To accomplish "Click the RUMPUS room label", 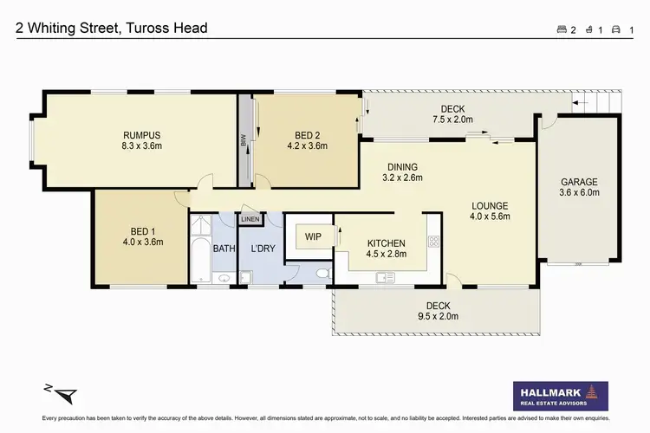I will pyautogui.click(x=142, y=134).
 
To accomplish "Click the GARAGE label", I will pyautogui.click(x=579, y=182).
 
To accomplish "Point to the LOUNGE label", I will pyautogui.click(x=490, y=206).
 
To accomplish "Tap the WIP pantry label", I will pyautogui.click(x=312, y=236).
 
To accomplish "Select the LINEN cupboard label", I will pyautogui.click(x=251, y=220).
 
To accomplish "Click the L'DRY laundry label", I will pyautogui.click(x=263, y=249).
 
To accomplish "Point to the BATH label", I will pyautogui.click(x=224, y=249).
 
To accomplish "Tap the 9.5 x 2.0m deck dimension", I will pyautogui.click(x=438, y=317).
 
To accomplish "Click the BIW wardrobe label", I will pyautogui.click(x=244, y=140).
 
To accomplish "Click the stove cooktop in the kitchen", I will pyautogui.click(x=434, y=242).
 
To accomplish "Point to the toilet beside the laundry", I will pyautogui.click(x=322, y=274).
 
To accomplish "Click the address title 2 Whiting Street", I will pyautogui.click(x=112, y=29).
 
